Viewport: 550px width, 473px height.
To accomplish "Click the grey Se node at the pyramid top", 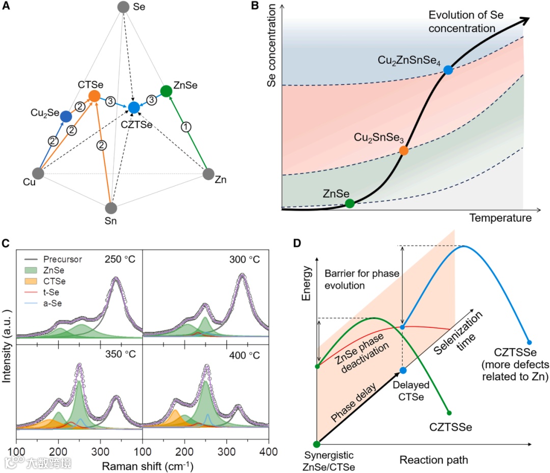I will tap(123, 7).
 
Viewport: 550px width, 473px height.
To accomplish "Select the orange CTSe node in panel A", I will tap(94, 96).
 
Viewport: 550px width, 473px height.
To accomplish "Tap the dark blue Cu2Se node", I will tap(66, 117).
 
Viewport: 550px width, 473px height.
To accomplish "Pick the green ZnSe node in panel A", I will tap(166, 91).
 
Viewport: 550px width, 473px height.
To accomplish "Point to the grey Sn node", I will tap(111, 208).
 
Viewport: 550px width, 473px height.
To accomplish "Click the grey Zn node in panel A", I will tap(208, 174).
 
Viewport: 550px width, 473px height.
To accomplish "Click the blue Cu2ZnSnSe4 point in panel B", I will tap(448, 70).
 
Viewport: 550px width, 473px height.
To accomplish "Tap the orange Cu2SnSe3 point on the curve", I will tap(404, 150).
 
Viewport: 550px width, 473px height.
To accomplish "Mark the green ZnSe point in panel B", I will tap(349, 204).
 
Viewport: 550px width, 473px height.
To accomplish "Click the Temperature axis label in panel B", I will tap(500, 218).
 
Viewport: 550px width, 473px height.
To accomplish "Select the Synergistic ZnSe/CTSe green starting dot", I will tap(317, 444).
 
